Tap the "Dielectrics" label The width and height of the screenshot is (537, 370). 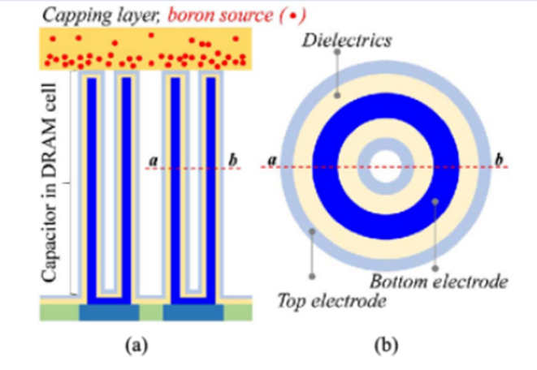point(347,41)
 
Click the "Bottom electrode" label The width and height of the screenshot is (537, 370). point(439,282)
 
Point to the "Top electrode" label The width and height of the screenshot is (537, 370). point(331,301)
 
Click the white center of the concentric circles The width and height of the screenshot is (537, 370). point(386,167)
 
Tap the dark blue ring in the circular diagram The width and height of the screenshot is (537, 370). point(325,167)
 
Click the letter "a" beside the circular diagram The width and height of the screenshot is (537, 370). point(272,160)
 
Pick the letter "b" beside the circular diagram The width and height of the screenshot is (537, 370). point(500,159)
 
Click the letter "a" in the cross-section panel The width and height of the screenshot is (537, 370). point(154,160)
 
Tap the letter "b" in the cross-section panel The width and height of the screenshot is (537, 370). point(233,160)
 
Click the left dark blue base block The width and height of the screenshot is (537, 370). point(109,312)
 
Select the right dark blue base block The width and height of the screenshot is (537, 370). point(193,312)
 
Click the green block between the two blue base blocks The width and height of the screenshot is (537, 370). point(151,312)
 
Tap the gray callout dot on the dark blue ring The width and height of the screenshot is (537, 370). point(435,202)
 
